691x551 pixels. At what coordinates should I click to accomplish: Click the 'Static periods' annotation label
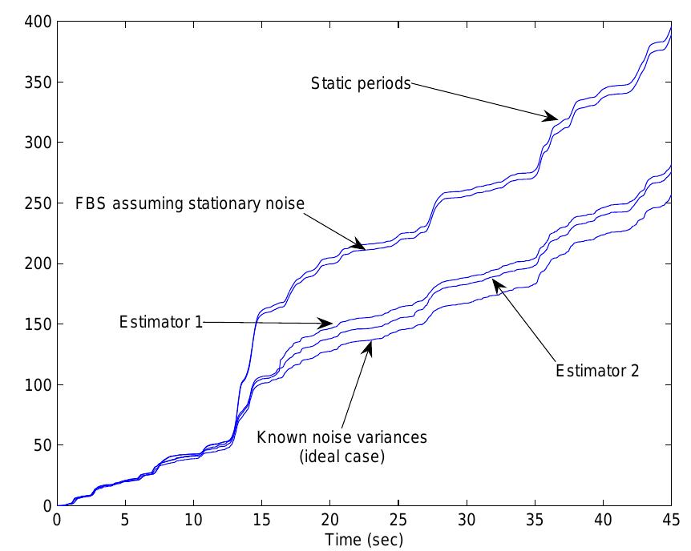point(361,83)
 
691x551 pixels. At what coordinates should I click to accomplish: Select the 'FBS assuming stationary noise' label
point(190,203)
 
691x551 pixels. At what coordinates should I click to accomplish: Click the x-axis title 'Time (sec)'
point(365,540)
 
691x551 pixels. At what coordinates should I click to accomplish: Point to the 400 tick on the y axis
point(34,22)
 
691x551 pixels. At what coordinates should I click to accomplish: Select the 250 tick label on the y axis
point(34,203)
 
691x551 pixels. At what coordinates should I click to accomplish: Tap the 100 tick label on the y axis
point(34,385)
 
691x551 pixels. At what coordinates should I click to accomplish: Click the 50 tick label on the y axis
point(38,445)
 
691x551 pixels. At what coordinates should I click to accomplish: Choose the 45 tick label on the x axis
point(670,520)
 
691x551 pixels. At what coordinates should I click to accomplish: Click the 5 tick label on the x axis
point(125,520)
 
